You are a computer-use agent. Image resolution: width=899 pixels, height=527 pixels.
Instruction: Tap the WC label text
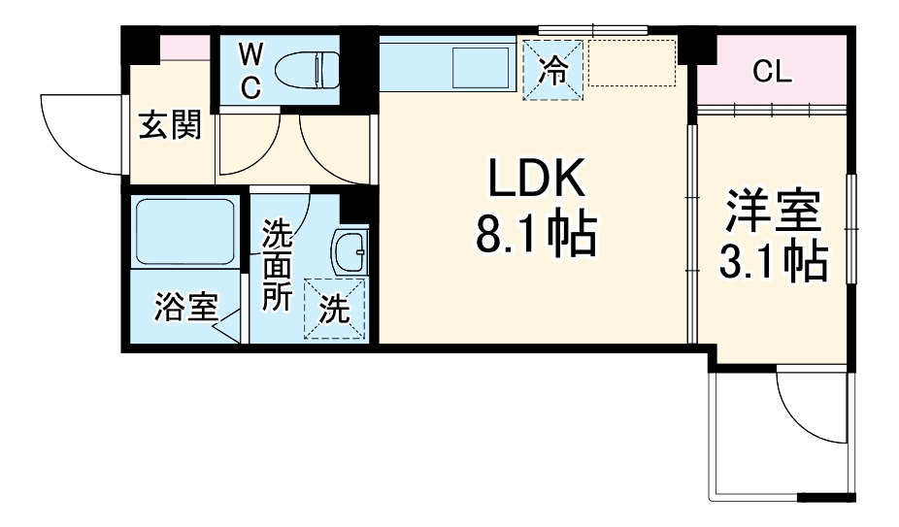[x=250, y=69]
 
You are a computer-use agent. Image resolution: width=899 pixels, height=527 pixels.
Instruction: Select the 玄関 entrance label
[x=170, y=125]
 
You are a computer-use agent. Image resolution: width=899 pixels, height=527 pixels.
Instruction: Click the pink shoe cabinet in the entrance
[x=184, y=47]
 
